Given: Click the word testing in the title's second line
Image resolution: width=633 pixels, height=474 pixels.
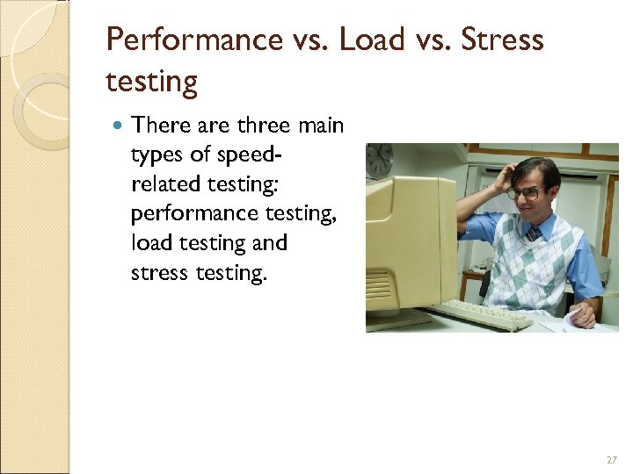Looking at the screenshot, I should [x=151, y=82].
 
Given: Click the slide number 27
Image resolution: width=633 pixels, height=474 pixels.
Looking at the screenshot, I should [x=612, y=460].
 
